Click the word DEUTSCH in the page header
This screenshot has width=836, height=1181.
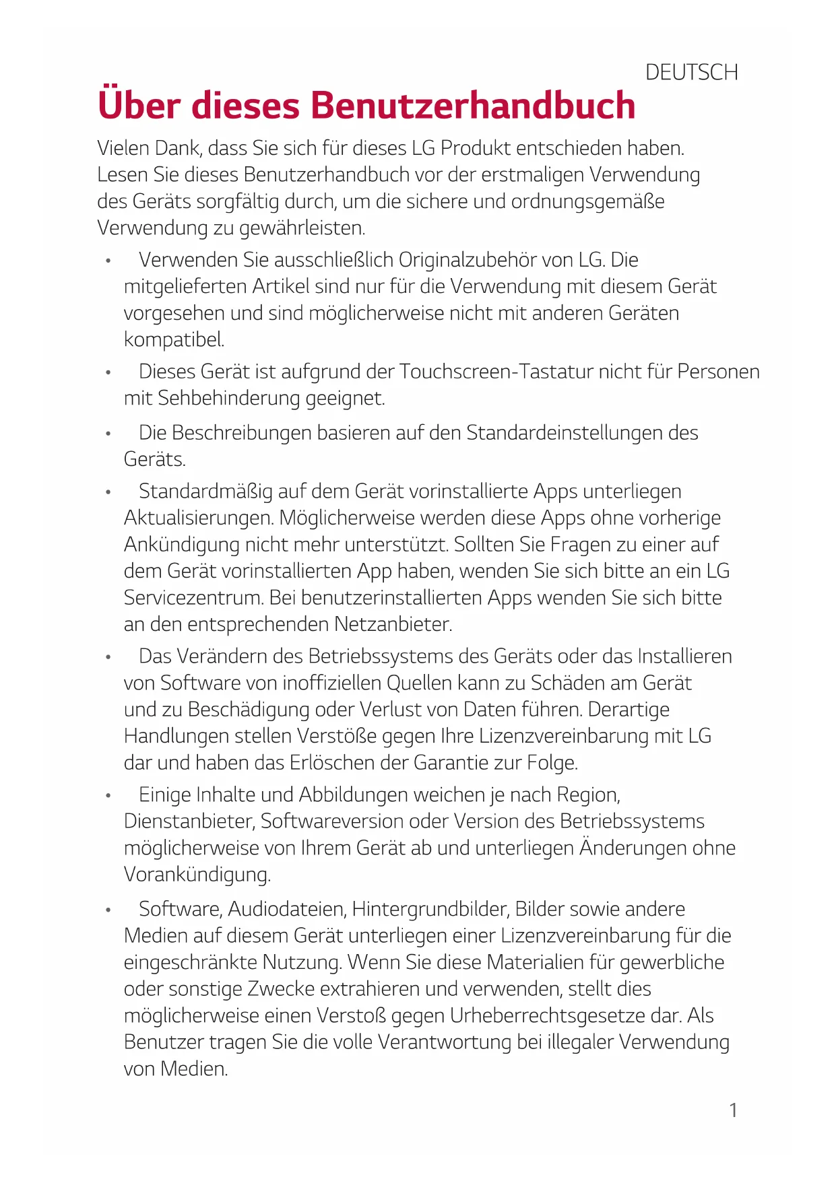[x=691, y=72]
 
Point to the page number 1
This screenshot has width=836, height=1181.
[x=733, y=1110]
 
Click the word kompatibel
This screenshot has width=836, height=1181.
[x=173, y=339]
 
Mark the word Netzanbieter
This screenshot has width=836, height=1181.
[x=392, y=624]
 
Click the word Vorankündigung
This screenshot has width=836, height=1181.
[x=197, y=875]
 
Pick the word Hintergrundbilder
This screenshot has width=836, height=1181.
[x=430, y=909]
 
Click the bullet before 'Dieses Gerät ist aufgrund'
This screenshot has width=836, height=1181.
[x=108, y=372]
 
